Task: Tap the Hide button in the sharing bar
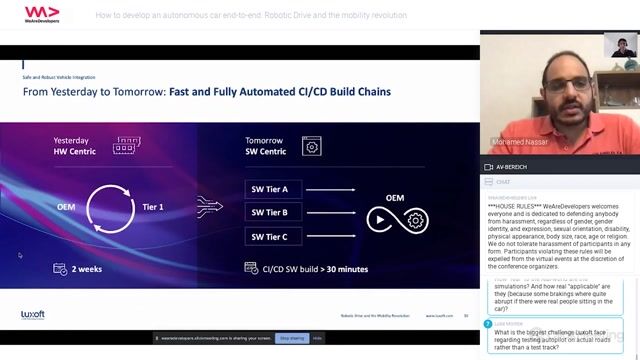pos(318,338)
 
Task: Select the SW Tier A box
pos(270,188)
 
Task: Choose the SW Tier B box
pos(270,212)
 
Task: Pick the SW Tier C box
pos(270,236)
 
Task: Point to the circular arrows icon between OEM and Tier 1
pos(109,207)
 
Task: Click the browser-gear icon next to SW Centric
pos(311,146)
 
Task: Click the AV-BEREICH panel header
pos(514,168)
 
